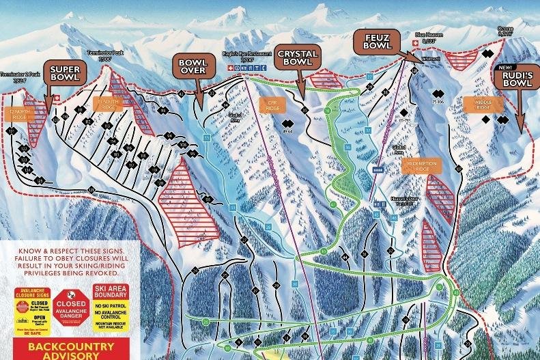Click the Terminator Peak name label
(104, 55)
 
